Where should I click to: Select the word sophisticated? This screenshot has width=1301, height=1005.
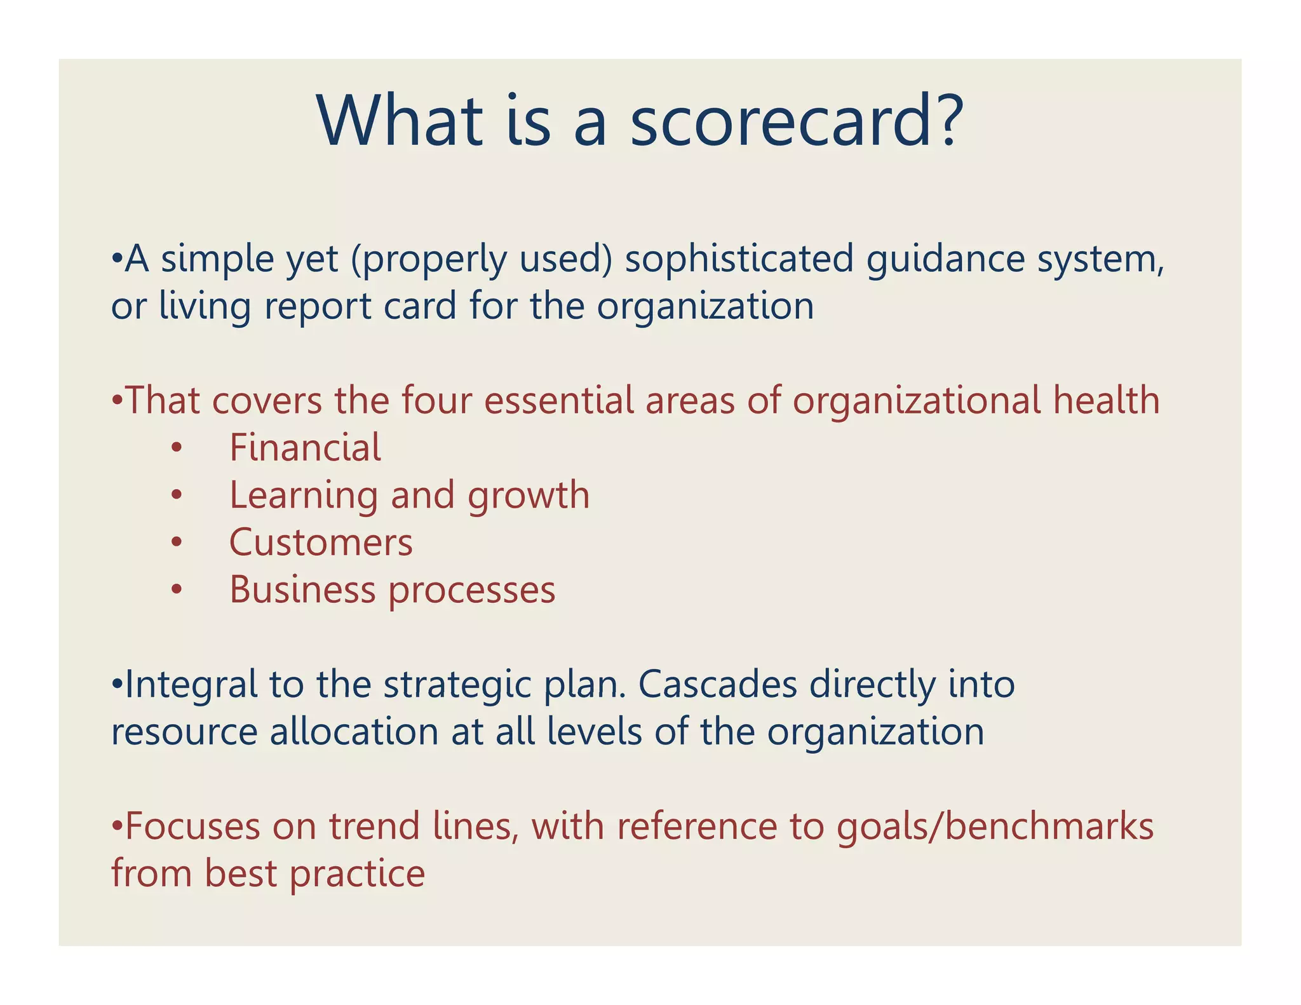click(739, 259)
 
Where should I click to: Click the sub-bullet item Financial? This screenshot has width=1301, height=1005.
click(305, 447)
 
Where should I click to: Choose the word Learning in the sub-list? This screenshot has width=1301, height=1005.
click(304, 496)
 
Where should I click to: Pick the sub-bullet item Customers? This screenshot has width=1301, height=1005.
click(321, 543)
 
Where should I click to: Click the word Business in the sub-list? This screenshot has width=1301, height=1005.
click(302, 590)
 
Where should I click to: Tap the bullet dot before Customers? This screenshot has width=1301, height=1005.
click(177, 543)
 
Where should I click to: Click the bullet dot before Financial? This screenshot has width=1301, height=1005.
click(177, 448)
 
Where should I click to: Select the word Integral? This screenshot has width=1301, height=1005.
click(191, 685)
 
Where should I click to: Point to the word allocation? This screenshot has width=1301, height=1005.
click(354, 732)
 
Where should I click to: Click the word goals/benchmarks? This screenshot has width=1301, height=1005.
click(995, 827)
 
